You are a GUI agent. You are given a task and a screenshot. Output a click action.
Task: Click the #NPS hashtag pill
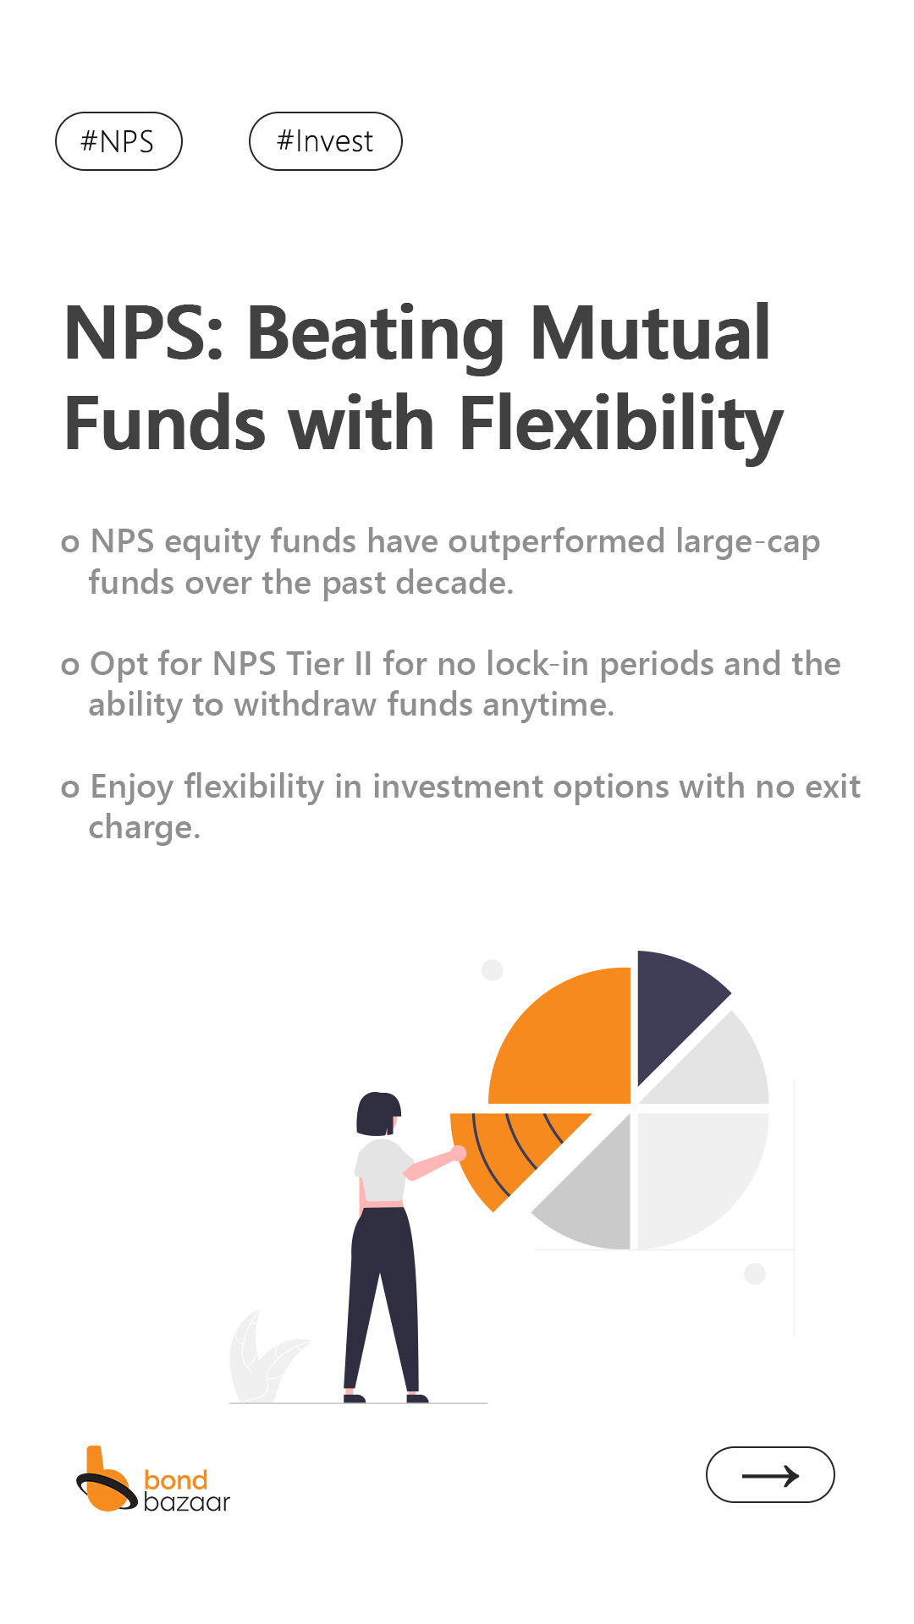tap(118, 141)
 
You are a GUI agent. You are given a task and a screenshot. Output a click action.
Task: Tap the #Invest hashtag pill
tap(325, 141)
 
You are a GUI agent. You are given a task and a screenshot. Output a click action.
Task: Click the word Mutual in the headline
tap(650, 332)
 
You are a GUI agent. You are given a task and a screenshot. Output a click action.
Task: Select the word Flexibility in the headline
tap(621, 425)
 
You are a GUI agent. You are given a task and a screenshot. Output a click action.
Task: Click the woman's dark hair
tap(376, 1113)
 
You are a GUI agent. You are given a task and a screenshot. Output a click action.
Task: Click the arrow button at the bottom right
tap(770, 1475)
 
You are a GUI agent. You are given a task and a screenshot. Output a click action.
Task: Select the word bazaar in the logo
tap(186, 1502)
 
